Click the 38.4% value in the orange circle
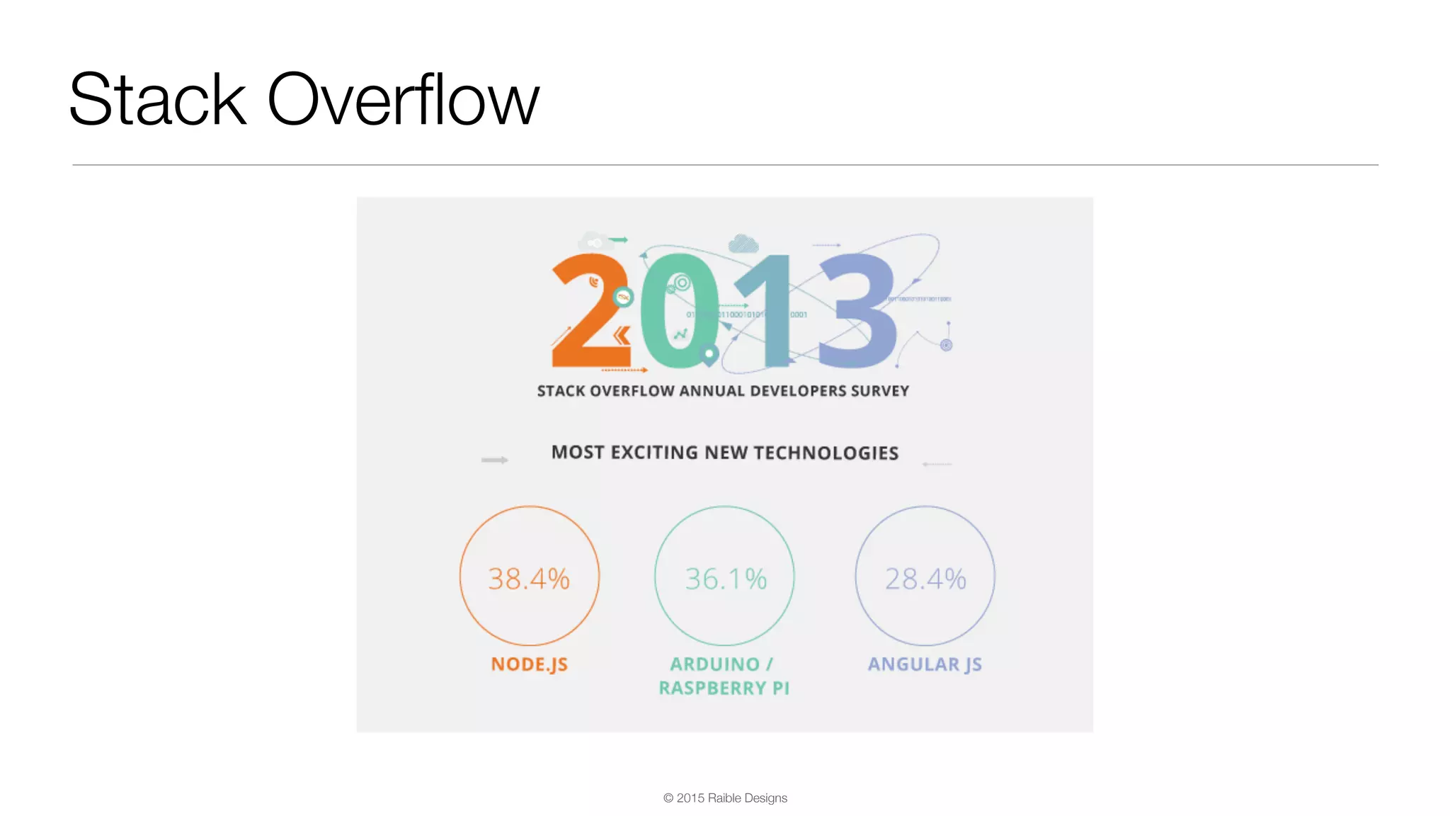pyautogui.click(x=529, y=579)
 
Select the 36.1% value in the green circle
pyautogui.click(x=726, y=579)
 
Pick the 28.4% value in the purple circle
pyautogui.click(x=925, y=579)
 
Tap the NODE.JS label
pyautogui.click(x=530, y=664)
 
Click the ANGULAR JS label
pyautogui.click(x=925, y=664)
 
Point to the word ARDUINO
pyautogui.click(x=714, y=664)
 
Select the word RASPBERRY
pyautogui.click(x=712, y=688)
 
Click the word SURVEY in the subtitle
pyautogui.click(x=880, y=391)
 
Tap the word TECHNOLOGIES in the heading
pyautogui.click(x=826, y=453)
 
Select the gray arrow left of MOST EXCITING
pyautogui.click(x=494, y=460)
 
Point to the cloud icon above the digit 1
pyautogui.click(x=743, y=244)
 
